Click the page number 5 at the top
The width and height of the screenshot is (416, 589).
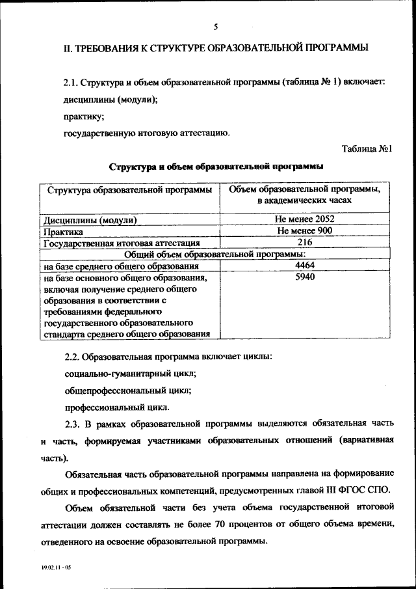coord(216,26)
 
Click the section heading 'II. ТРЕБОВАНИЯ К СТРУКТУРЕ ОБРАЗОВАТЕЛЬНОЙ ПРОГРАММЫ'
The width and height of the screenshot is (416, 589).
coord(215,48)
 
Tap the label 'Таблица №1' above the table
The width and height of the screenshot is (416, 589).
coord(367,148)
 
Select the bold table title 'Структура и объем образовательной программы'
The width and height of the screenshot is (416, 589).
coord(216,167)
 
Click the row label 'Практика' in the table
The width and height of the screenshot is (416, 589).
coord(62,232)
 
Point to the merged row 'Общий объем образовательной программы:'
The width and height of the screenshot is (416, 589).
coord(215,254)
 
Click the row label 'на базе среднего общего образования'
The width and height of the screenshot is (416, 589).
coord(121,267)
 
